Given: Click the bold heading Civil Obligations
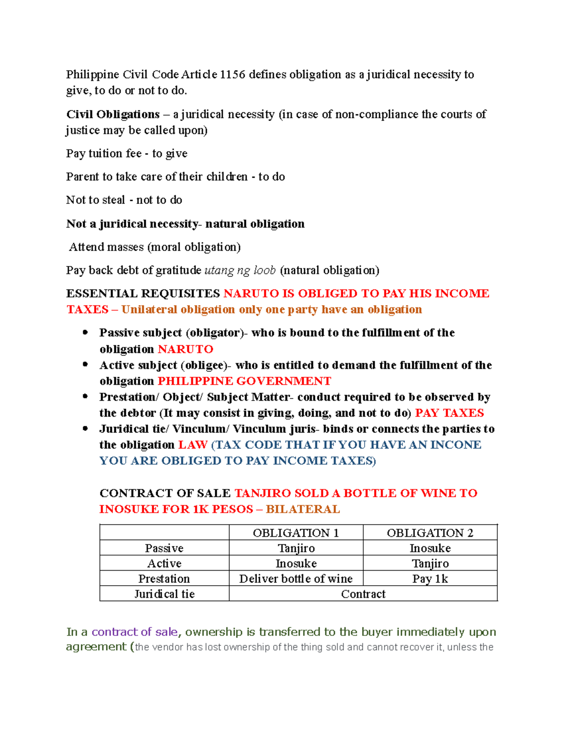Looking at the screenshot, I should pos(113,115).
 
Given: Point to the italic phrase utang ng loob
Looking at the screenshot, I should pos(240,270).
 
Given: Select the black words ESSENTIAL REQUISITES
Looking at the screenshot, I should pos(143,294).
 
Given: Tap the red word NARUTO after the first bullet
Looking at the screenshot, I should pos(185,349).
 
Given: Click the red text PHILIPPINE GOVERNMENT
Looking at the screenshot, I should pos(244,381).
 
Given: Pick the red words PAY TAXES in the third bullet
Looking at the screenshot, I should pos(449,413).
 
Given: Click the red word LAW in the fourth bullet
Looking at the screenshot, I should pos(193,445).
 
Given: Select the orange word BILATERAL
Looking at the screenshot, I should pos(303,510).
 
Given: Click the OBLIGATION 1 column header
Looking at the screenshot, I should pos(296,533).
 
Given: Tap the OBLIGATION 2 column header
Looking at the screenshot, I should pos(430,533).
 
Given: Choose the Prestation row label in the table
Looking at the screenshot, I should pos(164,579).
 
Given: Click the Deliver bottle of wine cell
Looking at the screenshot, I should pos(296,579).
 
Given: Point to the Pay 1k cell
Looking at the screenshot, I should pos(430,579).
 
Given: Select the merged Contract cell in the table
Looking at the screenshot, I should pos(363,594).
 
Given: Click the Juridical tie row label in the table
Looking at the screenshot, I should pos(164,594).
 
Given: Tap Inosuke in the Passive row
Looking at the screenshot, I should pos(430,549).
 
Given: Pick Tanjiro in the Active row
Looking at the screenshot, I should pos(430,564).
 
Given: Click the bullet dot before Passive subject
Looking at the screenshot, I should pos(85,332).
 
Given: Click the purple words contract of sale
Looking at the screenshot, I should pos(134,632).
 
